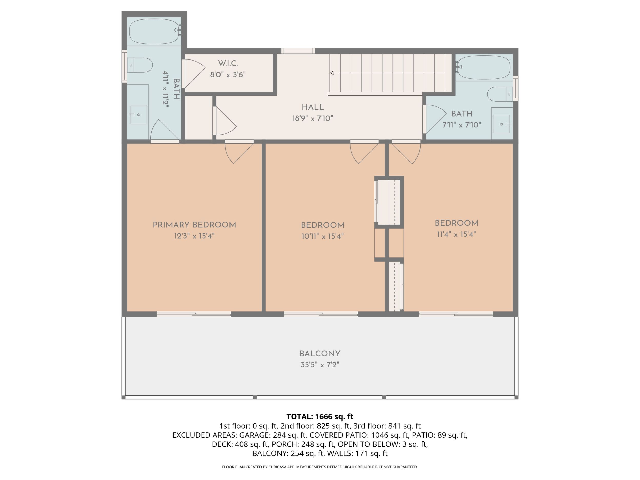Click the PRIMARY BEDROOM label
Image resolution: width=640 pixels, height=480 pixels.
[x=194, y=225]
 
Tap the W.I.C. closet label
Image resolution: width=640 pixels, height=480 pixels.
[x=228, y=63]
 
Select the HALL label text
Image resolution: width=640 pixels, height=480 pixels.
[x=313, y=107]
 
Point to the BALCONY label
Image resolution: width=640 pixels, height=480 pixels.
[x=320, y=354]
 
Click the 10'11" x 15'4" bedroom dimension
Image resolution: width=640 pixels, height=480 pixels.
[x=322, y=236]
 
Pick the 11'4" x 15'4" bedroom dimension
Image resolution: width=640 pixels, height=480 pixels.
[x=456, y=234]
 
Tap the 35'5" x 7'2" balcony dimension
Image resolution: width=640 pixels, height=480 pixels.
[x=320, y=365]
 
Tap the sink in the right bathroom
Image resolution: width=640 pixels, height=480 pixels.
[x=502, y=124]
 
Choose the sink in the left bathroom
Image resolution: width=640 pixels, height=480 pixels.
[x=138, y=115]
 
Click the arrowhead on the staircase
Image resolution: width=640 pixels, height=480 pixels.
[x=332, y=73]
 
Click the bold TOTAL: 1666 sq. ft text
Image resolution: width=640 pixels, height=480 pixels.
[x=320, y=417]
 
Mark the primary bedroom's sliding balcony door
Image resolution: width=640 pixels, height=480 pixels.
[x=194, y=314]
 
